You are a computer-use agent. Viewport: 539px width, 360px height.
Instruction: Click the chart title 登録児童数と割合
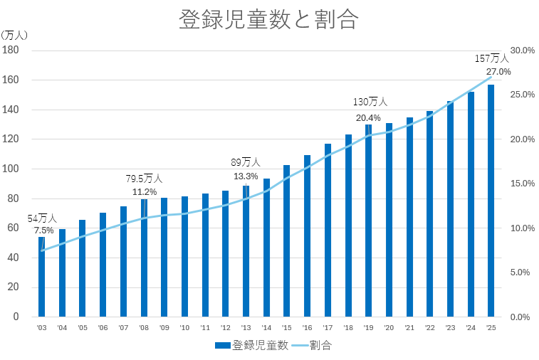[268, 20]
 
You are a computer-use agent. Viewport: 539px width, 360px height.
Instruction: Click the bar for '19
[368, 221]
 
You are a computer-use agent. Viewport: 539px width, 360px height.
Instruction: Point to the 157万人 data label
[492, 58]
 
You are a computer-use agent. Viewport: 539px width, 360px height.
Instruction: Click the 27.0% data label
[498, 72]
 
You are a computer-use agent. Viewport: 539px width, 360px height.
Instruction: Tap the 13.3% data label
[246, 176]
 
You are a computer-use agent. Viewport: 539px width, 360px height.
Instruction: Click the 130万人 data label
[370, 102]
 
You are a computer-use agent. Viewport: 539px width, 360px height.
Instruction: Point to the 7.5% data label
[43, 231]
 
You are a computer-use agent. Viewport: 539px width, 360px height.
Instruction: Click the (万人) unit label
[14, 34]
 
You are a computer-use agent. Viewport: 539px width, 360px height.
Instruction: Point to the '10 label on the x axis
[184, 328]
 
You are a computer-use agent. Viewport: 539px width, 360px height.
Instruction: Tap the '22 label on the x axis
[429, 328]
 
